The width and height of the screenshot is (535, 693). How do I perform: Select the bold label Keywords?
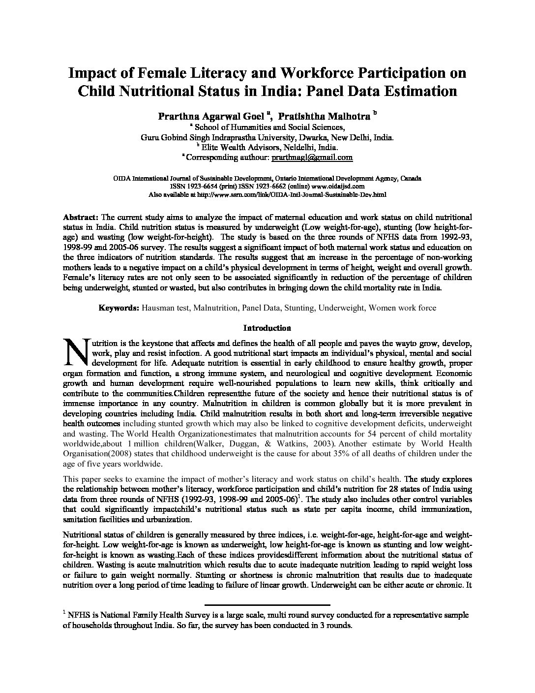pos(119,308)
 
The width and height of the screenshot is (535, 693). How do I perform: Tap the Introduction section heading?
pos(267,328)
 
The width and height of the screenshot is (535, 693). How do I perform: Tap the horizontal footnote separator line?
pos(267,604)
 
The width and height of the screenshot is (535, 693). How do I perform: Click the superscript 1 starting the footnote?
pos(64,612)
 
